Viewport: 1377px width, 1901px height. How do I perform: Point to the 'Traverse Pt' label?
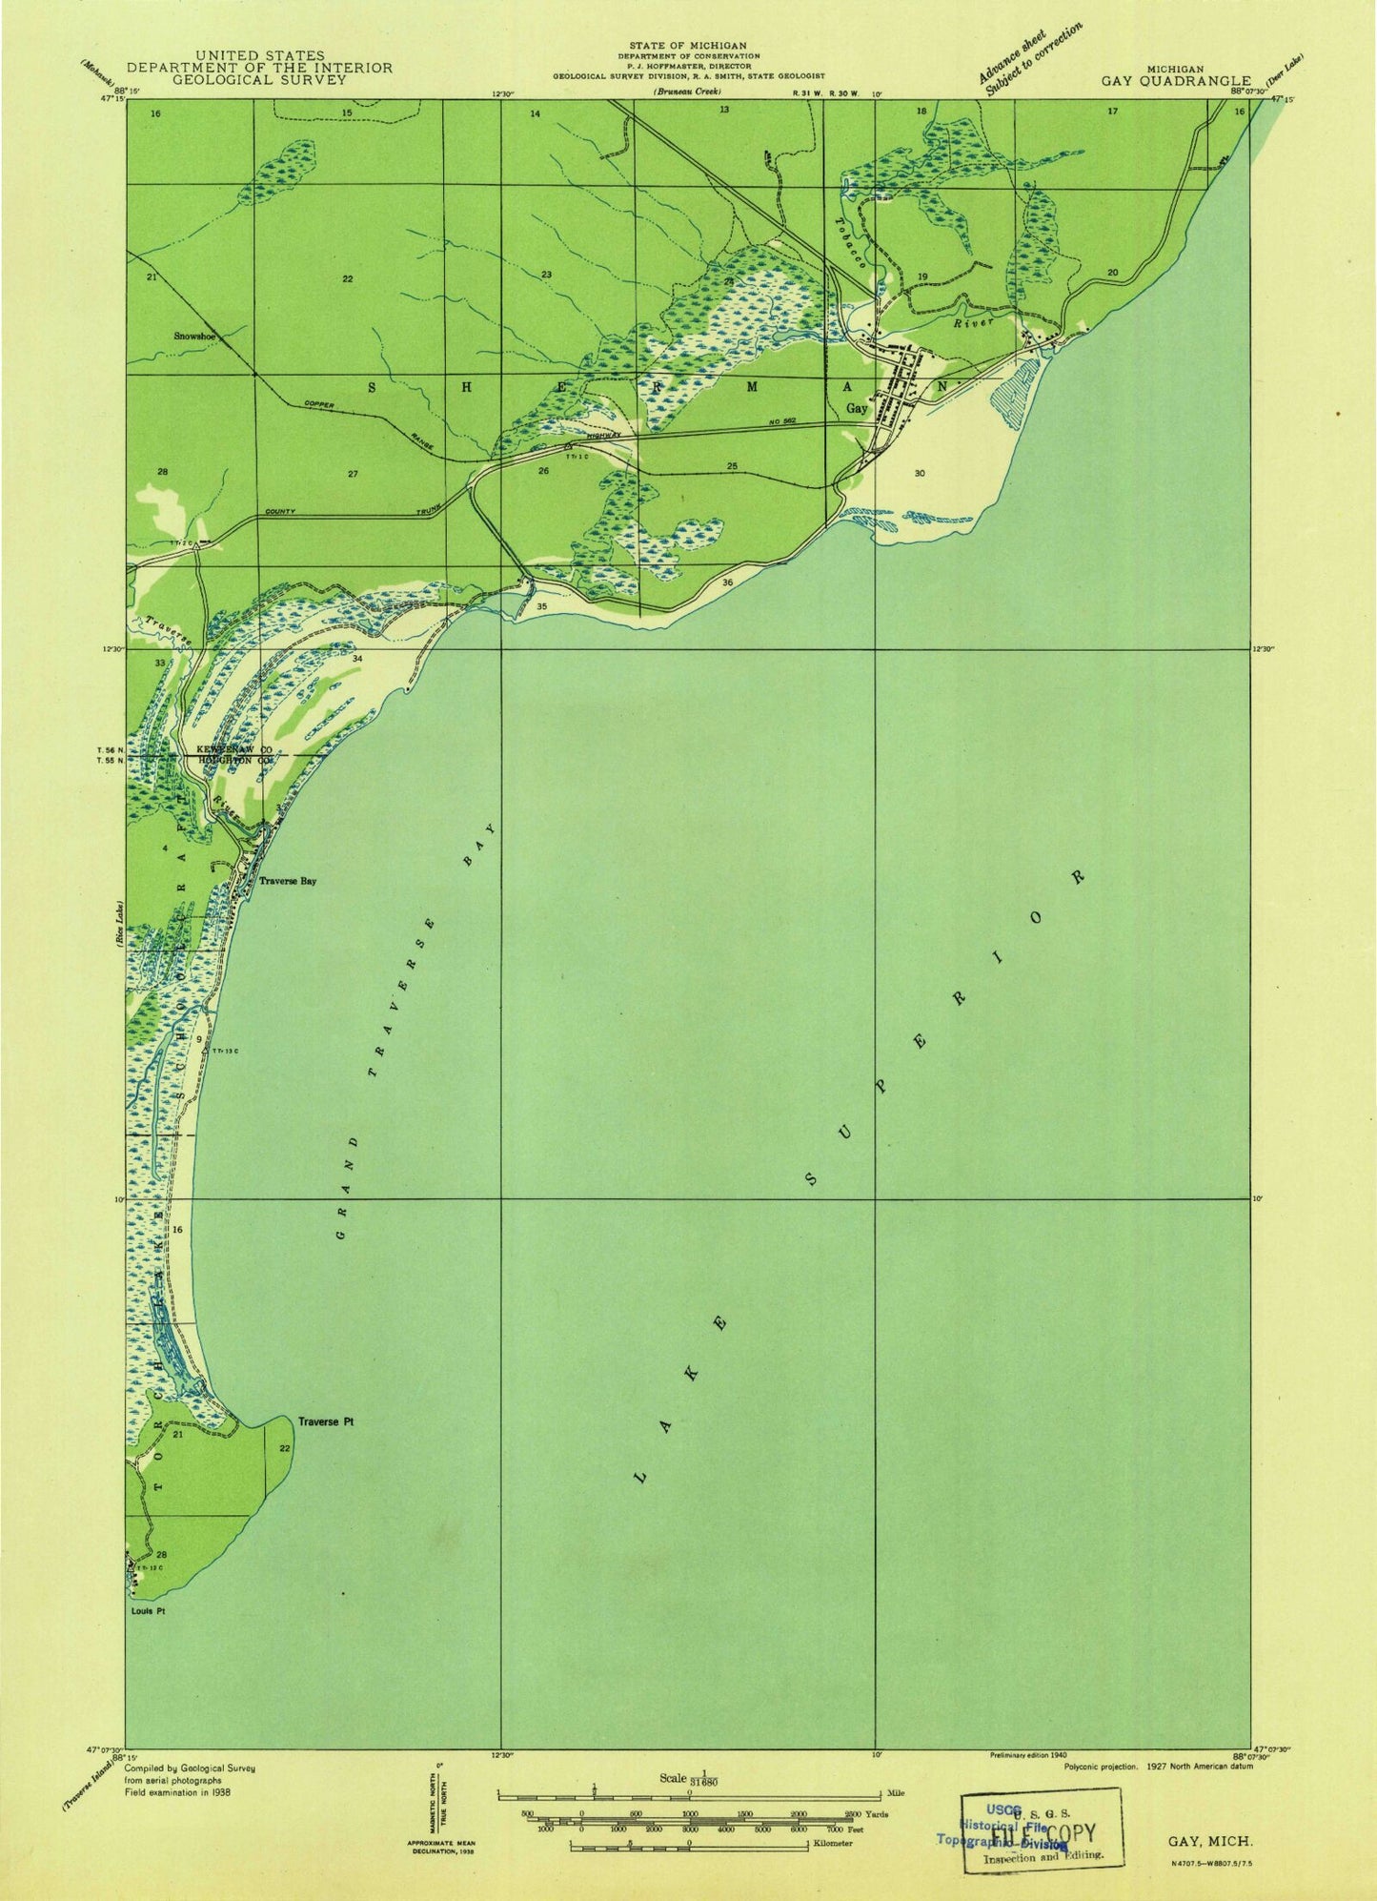pyautogui.click(x=326, y=1421)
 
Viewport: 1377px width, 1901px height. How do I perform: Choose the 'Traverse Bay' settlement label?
pyautogui.click(x=287, y=882)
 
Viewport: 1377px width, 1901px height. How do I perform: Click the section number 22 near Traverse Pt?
pyautogui.click(x=284, y=1448)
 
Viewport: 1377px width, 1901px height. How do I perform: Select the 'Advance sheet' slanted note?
pyautogui.click(x=1012, y=59)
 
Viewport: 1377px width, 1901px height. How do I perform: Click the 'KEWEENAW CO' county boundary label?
pyautogui.click(x=235, y=751)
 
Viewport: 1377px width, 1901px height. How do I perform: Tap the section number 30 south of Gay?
pyautogui.click(x=919, y=473)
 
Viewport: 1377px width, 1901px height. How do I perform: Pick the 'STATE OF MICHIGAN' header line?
pyautogui.click(x=688, y=45)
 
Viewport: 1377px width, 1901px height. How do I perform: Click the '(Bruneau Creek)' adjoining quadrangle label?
pyautogui.click(x=686, y=92)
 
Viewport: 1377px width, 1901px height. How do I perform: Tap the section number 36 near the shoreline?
pyautogui.click(x=727, y=583)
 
